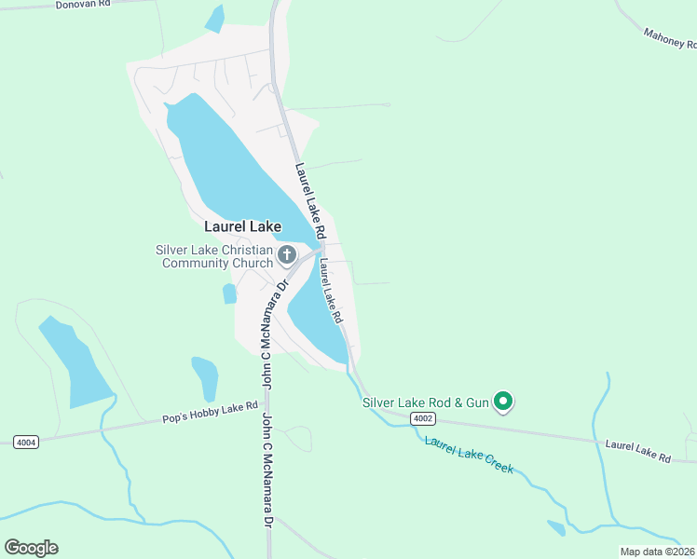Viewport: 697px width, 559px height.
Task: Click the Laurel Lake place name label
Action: click(x=242, y=226)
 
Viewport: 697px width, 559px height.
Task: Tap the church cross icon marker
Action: click(x=287, y=254)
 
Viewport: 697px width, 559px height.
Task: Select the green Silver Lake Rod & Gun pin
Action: click(x=504, y=402)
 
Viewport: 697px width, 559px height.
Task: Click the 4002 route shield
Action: click(x=423, y=419)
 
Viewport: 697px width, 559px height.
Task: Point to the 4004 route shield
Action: click(x=27, y=442)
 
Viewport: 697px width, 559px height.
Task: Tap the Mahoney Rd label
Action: click(x=669, y=38)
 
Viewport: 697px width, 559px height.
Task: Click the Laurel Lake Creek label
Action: click(x=469, y=454)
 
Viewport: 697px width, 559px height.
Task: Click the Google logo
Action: click(x=31, y=547)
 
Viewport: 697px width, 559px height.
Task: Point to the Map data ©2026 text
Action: click(x=658, y=552)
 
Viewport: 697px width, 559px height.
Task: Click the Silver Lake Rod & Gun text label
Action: click(x=425, y=402)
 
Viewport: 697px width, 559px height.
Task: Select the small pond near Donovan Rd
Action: click(x=215, y=19)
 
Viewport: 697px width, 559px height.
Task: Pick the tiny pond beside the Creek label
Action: click(x=556, y=528)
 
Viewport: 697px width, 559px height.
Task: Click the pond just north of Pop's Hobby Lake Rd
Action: click(x=205, y=377)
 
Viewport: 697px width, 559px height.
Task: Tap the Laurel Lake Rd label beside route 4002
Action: click(x=638, y=453)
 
